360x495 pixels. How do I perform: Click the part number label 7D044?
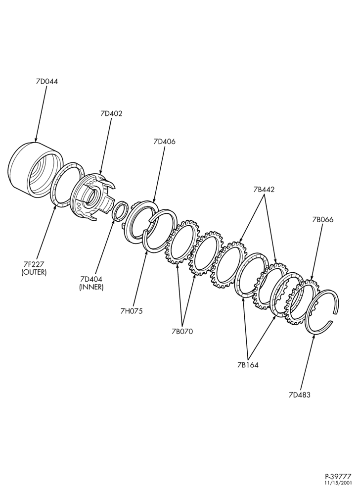click(46, 82)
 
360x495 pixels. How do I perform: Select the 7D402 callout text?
click(111, 114)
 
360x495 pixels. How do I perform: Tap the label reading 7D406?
click(165, 142)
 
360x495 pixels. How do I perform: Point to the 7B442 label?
click(264, 190)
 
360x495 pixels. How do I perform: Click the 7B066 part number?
click(322, 219)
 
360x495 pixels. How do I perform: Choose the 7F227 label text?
click(34, 264)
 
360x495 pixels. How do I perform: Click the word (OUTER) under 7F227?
click(34, 272)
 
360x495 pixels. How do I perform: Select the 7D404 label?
click(91, 279)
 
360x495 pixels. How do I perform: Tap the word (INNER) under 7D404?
click(91, 287)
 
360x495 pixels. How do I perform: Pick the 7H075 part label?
click(132, 311)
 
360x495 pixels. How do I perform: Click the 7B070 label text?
click(182, 332)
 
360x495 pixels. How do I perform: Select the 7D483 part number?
click(300, 395)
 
